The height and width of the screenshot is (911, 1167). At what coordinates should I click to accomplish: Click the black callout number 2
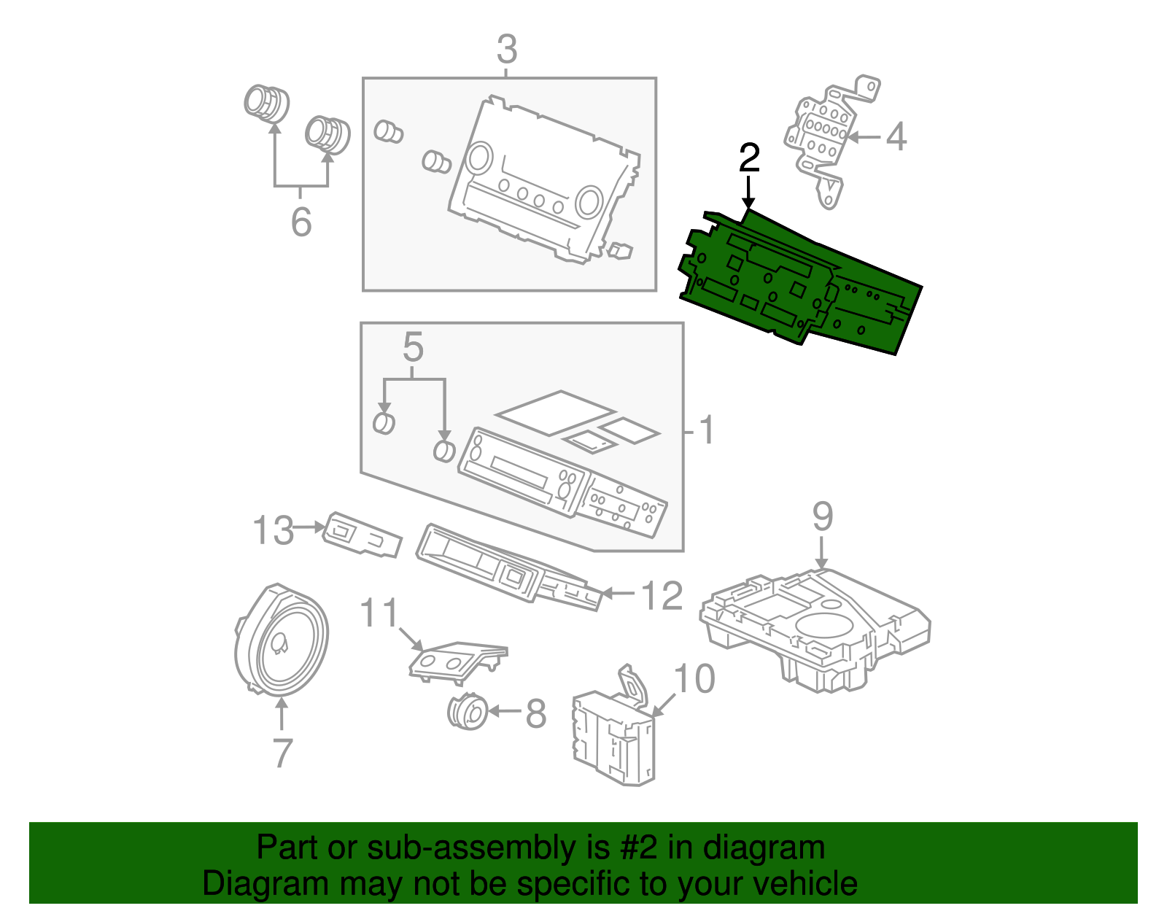click(749, 158)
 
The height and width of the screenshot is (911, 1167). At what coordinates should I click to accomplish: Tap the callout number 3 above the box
click(507, 50)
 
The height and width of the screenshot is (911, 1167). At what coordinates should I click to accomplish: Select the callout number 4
click(896, 136)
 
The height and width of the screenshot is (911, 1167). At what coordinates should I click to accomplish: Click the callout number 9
click(822, 516)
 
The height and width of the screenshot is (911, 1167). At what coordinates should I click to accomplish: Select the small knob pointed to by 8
click(467, 712)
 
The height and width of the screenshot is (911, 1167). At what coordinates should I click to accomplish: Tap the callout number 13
click(273, 530)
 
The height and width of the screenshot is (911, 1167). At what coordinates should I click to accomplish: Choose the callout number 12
click(662, 596)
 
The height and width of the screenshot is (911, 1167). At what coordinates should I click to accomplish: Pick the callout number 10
click(694, 679)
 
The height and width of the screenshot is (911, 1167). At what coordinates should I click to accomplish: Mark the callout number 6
click(301, 221)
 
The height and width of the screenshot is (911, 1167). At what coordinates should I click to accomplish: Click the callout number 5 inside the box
click(413, 348)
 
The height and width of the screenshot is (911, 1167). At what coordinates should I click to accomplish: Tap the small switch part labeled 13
click(362, 535)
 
